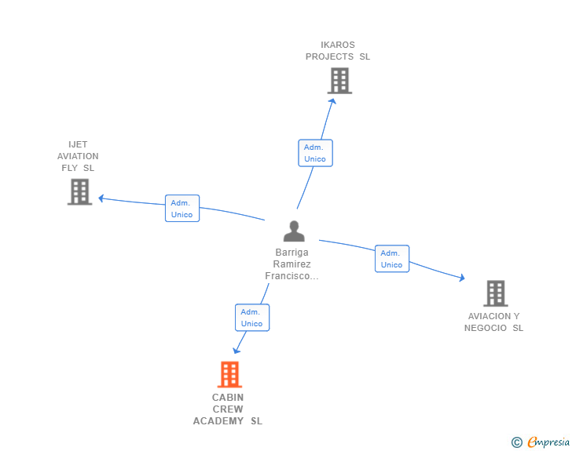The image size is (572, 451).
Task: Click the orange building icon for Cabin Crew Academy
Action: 229,374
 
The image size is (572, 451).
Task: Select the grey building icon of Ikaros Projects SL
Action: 339,80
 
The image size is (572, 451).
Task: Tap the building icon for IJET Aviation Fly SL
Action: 79,191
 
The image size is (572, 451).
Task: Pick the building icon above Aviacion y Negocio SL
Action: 495,293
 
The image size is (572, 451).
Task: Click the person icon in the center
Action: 294,231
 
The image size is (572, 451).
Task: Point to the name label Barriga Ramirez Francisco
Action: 292,264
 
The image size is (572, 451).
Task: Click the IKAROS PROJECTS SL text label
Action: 338,51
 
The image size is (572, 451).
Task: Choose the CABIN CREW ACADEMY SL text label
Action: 228,409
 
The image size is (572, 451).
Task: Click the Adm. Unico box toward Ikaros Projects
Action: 315,153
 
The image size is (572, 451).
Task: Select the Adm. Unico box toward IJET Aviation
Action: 181,208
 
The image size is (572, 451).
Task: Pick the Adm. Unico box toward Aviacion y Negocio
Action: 391,258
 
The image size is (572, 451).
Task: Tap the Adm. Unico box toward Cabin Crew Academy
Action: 251,317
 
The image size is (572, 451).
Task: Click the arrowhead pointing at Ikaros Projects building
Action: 333,100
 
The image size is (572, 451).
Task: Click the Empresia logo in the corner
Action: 548,442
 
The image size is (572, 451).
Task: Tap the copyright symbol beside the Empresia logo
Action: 516,442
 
